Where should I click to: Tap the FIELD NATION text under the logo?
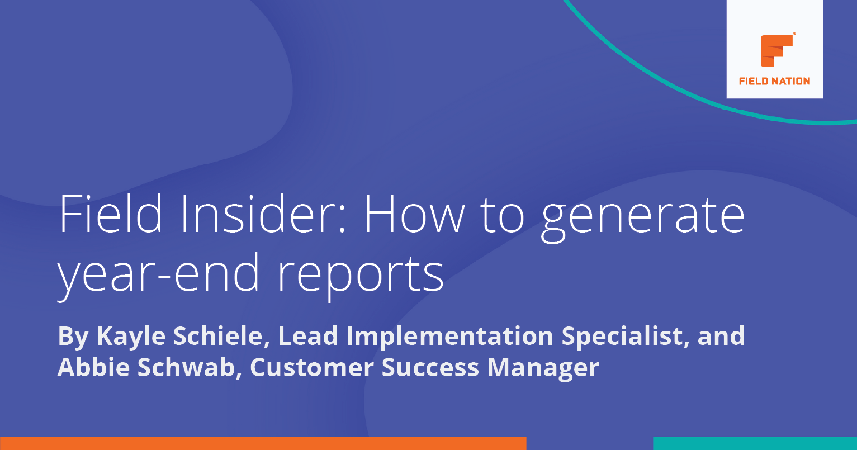774,81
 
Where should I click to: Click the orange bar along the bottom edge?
263,443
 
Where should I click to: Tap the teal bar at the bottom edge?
755,443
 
